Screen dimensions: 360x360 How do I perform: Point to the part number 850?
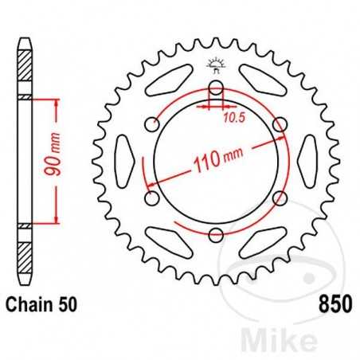(x=335, y=303)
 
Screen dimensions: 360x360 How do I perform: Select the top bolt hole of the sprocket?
(x=215, y=88)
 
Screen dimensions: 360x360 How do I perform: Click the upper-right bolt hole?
(x=278, y=125)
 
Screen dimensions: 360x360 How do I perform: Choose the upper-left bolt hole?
(x=152, y=125)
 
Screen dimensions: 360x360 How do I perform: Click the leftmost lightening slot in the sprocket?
(x=125, y=162)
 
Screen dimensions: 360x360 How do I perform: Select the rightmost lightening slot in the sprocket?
(x=305, y=162)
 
